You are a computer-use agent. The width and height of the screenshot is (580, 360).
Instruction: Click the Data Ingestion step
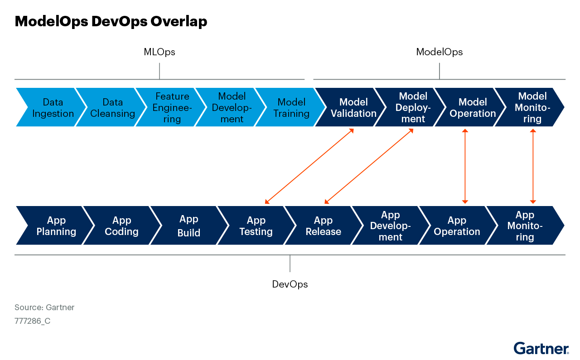click(53, 107)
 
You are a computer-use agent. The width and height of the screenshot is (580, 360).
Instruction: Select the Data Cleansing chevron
click(112, 107)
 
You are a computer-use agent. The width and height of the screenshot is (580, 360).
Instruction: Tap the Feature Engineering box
click(172, 107)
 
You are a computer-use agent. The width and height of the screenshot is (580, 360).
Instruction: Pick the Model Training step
click(291, 107)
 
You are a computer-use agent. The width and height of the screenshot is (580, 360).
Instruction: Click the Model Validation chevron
click(353, 107)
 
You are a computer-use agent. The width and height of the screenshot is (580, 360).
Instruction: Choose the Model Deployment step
click(413, 107)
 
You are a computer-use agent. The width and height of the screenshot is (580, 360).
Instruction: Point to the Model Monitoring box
click(532, 107)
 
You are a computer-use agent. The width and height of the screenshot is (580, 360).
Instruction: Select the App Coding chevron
click(121, 226)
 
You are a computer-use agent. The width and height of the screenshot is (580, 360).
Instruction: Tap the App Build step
click(189, 226)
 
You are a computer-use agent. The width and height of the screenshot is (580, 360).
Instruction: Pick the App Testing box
click(256, 226)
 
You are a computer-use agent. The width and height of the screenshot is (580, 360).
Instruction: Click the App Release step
click(323, 226)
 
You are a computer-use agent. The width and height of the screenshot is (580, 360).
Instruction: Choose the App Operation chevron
click(457, 226)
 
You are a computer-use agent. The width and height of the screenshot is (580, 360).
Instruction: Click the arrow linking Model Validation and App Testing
click(309, 166)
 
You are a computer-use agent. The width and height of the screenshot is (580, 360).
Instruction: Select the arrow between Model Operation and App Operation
click(464, 166)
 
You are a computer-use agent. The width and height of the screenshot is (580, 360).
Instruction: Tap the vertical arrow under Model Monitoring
click(533, 166)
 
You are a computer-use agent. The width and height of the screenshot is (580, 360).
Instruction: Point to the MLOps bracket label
click(159, 52)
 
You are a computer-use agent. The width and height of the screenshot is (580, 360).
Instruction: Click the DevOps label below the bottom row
click(290, 284)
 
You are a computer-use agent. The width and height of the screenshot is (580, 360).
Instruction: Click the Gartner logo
click(541, 348)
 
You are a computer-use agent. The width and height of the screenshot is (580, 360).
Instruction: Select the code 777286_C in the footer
click(32, 321)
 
